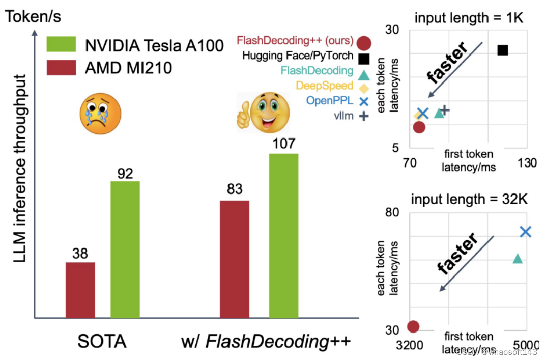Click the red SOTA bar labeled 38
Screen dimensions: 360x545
point(80,290)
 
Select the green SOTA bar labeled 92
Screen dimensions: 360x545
point(125,250)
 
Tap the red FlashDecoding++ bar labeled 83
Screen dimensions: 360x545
point(235,259)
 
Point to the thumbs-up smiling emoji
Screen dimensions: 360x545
point(261,112)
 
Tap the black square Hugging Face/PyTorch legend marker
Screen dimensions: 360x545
point(363,58)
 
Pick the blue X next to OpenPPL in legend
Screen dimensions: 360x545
point(363,101)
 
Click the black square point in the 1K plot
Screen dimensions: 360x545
point(503,50)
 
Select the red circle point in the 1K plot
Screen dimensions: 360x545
point(419,127)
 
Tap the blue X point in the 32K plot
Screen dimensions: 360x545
point(526,232)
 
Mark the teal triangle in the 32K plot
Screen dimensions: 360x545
point(518,258)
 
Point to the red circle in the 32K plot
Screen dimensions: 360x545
point(413,326)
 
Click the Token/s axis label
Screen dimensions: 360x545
point(33,16)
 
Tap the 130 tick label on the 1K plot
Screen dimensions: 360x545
point(527,163)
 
